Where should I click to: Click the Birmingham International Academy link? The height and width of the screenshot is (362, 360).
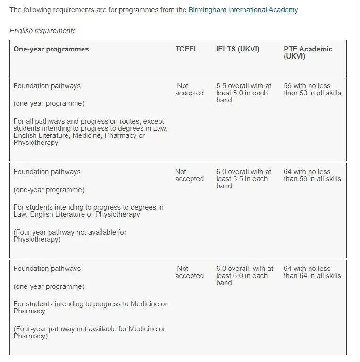click(243, 10)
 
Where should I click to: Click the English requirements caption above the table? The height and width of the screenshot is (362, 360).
click(42, 31)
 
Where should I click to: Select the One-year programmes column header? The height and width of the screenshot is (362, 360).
click(51, 49)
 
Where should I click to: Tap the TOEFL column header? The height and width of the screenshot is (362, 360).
click(187, 49)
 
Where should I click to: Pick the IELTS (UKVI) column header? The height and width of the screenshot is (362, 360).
click(238, 49)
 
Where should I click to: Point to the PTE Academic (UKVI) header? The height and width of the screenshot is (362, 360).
click(308, 52)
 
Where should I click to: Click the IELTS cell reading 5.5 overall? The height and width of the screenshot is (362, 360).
click(243, 93)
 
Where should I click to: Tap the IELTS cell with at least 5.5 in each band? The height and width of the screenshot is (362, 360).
click(243, 179)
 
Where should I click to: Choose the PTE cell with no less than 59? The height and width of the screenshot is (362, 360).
click(312, 176)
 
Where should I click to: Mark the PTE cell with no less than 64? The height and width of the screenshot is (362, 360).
click(312, 272)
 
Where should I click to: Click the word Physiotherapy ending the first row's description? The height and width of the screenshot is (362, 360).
click(36, 143)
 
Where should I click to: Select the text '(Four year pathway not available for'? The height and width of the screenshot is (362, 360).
click(70, 232)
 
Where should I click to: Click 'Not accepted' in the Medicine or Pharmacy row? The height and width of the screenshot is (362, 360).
click(189, 272)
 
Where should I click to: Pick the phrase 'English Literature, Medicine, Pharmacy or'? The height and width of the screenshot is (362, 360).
click(79, 135)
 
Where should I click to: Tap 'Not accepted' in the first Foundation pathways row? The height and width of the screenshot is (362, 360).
click(189, 90)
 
